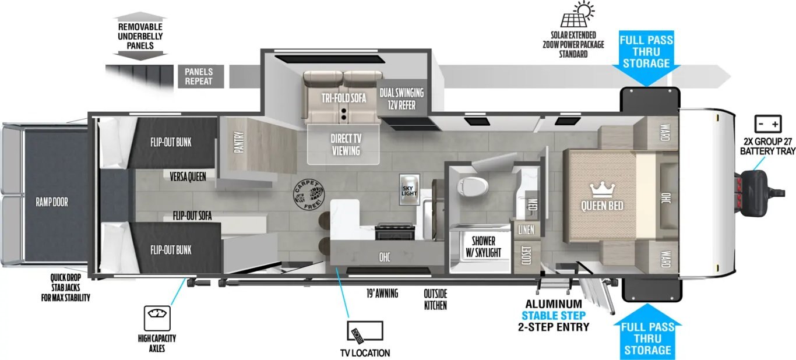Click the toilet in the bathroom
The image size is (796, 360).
click(x=473, y=187)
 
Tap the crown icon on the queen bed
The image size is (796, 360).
click(x=602, y=190)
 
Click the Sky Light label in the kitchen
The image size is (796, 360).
click(x=409, y=190)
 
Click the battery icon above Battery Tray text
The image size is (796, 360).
click(x=768, y=124)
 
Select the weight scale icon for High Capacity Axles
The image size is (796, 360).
click(x=157, y=318)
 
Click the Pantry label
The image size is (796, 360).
click(x=239, y=142)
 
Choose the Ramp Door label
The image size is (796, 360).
click(x=52, y=202)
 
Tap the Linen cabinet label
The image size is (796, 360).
click(x=526, y=230)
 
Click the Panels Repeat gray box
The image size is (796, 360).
click(x=201, y=76)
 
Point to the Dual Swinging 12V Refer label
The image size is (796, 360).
click(x=401, y=99)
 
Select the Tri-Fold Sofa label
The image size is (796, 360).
click(x=344, y=98)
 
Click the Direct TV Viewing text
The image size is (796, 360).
click(x=346, y=144)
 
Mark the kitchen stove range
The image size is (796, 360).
click(x=395, y=231)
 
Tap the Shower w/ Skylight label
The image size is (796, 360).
click(x=483, y=246)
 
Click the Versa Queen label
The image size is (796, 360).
click(x=188, y=177)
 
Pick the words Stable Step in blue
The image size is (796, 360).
click(x=553, y=315)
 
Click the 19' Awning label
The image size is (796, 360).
click(x=382, y=293)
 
